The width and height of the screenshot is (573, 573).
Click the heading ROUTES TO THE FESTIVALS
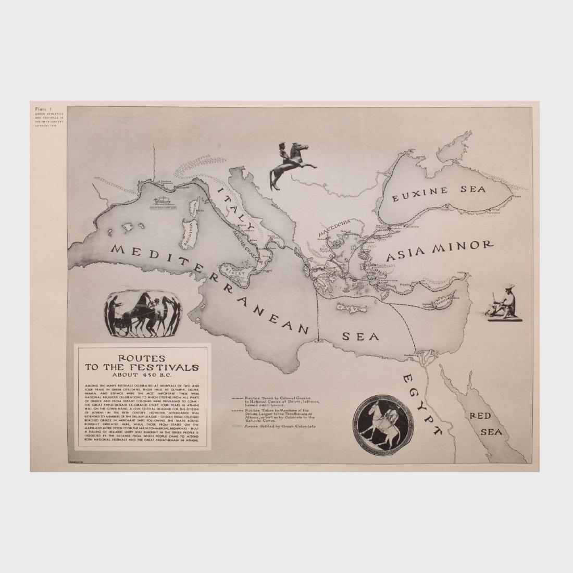[141, 363]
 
